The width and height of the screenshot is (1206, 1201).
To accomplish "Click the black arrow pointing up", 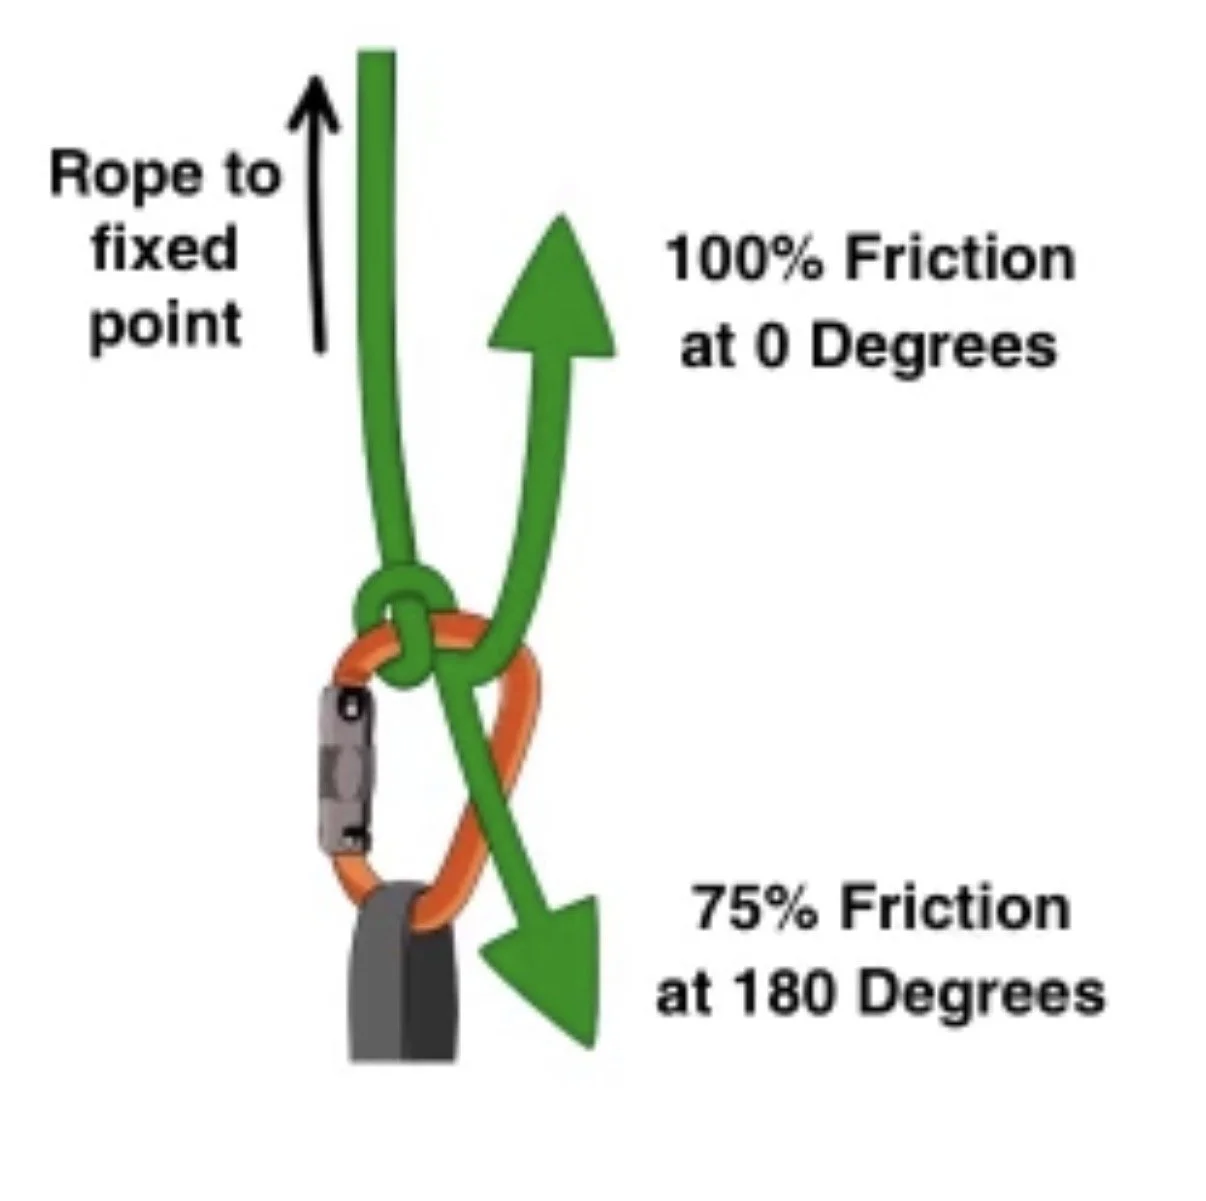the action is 317,213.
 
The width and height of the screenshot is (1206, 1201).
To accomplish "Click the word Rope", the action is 127,176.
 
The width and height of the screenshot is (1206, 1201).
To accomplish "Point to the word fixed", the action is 165,249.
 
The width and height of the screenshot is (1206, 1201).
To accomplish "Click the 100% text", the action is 743,258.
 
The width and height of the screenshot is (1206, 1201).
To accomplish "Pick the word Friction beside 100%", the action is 960,258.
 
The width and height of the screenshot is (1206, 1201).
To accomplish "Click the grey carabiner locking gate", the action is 345,772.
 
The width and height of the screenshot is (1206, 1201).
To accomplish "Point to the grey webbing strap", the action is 402,971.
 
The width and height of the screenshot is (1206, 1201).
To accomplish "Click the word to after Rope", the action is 250,176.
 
